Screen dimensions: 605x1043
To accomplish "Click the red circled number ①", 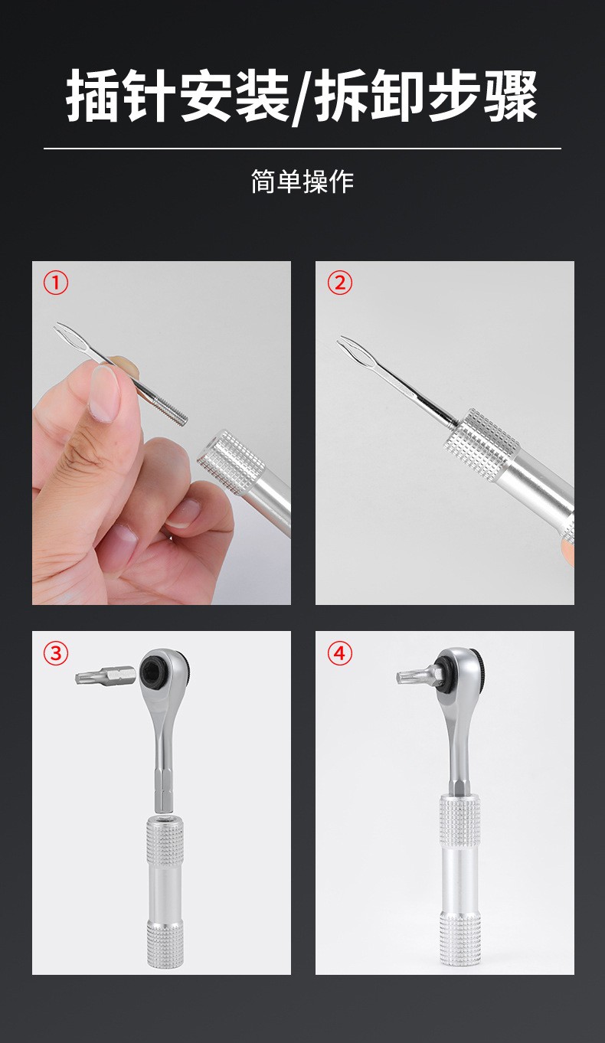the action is point(56,283).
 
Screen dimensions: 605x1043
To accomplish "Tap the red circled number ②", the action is point(340,283).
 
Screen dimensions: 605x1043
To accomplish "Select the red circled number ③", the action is point(56,653).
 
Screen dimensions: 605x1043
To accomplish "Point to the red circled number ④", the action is point(340,653).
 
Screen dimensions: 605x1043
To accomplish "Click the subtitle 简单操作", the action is point(302,181).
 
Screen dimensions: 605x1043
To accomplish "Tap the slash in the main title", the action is point(303,96).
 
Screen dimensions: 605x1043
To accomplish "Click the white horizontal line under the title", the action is point(302,149).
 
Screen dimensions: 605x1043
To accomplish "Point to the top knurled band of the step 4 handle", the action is point(459,821).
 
